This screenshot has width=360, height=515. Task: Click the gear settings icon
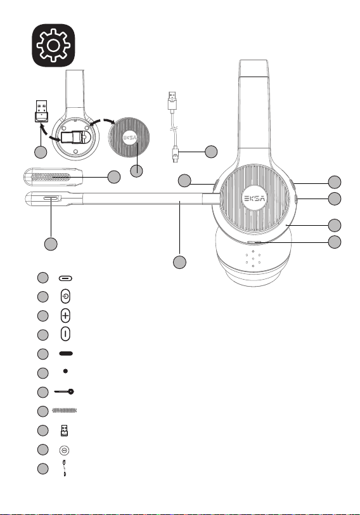pos(53,45)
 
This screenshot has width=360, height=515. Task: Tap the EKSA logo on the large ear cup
pos(255,198)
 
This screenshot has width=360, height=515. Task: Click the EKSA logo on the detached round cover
pos(130,138)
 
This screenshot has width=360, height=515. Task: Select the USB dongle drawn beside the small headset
pos(41,112)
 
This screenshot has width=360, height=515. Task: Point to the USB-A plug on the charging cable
pos(172,100)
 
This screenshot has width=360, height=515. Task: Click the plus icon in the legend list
pos(66,316)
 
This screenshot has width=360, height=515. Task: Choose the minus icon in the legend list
pos(66,334)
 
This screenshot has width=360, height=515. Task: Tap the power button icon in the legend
pos(66,296)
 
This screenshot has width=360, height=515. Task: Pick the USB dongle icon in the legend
pos(64,431)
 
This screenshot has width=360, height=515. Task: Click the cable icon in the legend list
pos(65,468)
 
